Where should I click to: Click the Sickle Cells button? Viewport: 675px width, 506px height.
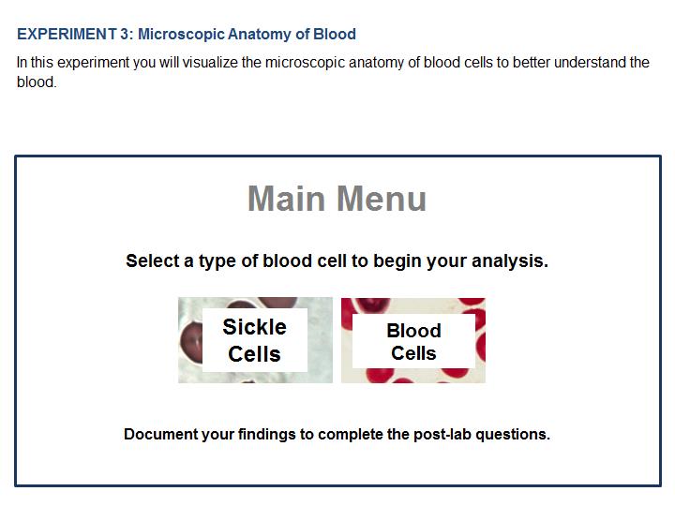click(x=255, y=340)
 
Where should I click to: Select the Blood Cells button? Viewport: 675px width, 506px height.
click(x=413, y=340)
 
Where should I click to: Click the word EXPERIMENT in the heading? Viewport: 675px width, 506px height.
click(x=67, y=34)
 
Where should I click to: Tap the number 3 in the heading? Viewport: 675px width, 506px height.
click(x=125, y=34)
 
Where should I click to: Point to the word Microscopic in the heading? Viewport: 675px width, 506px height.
click(x=181, y=34)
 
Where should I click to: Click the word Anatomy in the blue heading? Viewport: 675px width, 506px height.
click(x=259, y=34)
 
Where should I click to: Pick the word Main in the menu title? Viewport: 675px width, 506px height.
click(x=286, y=199)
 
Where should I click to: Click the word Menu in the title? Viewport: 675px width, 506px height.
click(x=382, y=199)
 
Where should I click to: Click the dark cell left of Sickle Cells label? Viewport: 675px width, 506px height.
click(x=190, y=343)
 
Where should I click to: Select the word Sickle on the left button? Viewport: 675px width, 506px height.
click(x=254, y=327)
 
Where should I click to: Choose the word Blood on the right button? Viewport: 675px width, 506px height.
click(x=413, y=331)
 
